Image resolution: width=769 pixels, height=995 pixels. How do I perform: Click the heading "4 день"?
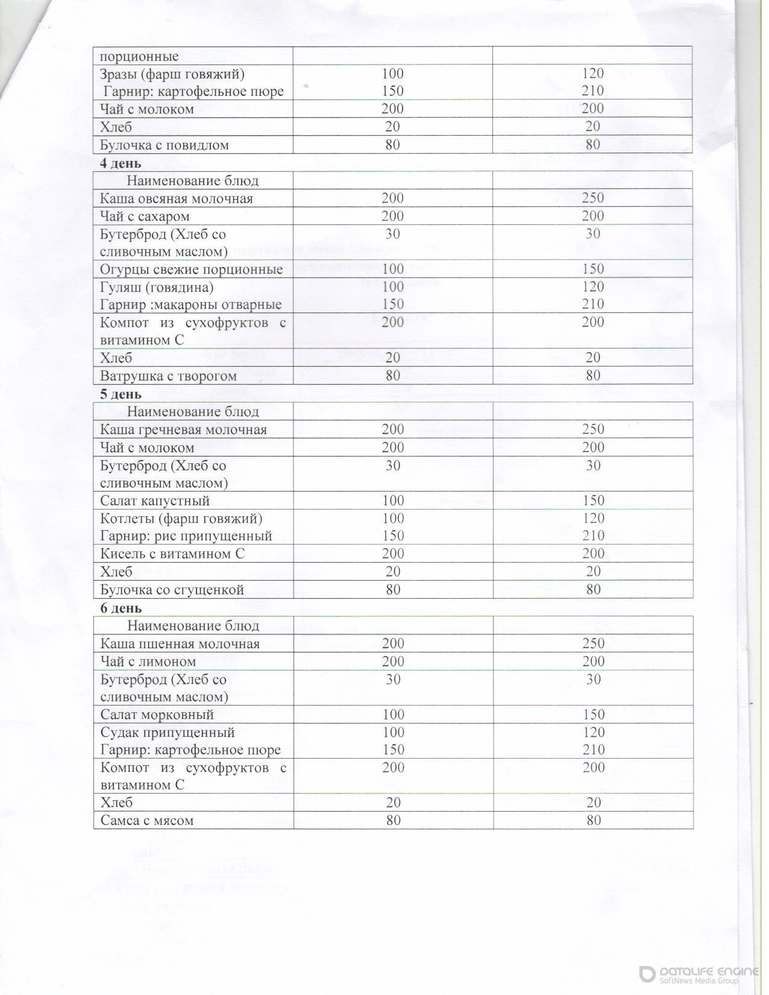pos(121,163)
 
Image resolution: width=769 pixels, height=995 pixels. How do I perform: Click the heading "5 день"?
pos(121,394)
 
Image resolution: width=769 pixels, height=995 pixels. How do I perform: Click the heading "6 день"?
pos(121,608)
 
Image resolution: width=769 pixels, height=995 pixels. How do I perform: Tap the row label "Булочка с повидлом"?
pos(165,145)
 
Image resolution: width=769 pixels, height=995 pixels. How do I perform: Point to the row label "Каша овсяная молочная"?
pos(177,198)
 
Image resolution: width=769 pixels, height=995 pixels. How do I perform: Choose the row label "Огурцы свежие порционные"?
pos(191,269)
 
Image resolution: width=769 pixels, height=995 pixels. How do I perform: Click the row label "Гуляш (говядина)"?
pos(157,287)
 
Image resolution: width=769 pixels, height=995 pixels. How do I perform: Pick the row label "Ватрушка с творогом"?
pos(168,376)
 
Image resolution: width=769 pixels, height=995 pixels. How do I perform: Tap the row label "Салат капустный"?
pos(155,501)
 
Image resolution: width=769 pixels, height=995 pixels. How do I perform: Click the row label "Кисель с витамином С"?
pos(172,554)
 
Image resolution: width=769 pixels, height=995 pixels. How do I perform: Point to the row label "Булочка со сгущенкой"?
pos(172,590)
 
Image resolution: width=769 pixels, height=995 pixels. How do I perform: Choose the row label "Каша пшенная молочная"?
pos(180,644)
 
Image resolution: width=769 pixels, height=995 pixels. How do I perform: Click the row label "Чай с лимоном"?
pos(148,662)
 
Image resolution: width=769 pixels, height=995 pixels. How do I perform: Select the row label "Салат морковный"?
pos(157,715)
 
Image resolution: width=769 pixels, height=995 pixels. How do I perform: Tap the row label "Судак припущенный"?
pos(168,733)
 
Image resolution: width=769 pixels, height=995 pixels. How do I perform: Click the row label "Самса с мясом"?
pos(147,821)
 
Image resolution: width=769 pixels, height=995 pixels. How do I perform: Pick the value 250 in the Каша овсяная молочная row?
pos(593,198)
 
